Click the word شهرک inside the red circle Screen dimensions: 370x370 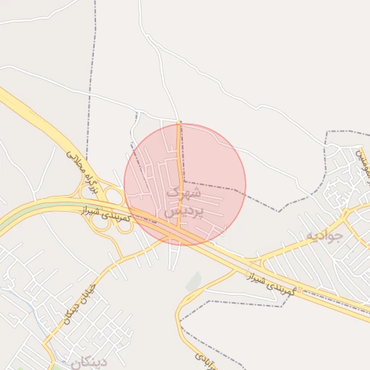181,193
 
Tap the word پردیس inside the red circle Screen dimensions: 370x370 181,212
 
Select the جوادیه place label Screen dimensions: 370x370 323,236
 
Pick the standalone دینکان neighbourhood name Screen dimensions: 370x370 88,361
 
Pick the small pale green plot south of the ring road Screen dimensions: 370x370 194,282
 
